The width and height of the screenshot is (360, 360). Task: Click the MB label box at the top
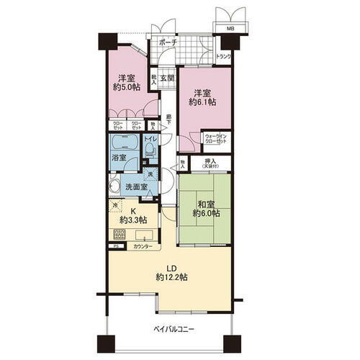point(230,29)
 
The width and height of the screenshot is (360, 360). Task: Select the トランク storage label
point(223,58)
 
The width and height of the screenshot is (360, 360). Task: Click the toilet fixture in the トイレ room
point(149,149)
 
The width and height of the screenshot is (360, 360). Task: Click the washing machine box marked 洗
point(149,174)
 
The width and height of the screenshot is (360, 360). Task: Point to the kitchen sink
point(146,236)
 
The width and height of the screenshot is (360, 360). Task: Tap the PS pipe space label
point(115,247)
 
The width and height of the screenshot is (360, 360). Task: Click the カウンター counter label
point(142,247)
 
